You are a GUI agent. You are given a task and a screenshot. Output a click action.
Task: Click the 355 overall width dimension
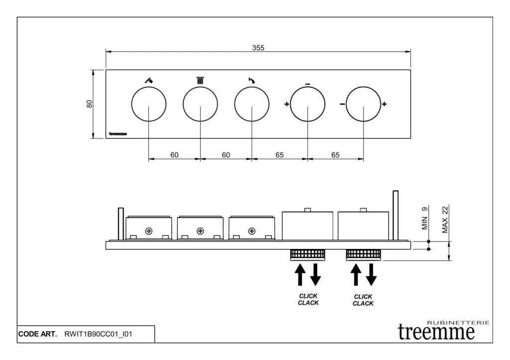pos(258,48)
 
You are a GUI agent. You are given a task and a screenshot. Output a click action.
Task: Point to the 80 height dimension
pos(90,104)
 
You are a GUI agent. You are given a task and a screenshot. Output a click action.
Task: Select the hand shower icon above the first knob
pos(149,80)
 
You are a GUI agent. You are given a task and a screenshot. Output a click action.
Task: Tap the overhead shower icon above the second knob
pos(200,80)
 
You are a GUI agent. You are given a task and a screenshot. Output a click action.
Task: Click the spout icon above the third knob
pos(252,80)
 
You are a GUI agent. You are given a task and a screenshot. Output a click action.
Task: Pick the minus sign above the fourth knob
pos(308,84)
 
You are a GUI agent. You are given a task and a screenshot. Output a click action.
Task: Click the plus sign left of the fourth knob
pos(286,104)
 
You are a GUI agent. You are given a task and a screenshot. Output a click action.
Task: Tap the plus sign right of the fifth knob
pos(384,104)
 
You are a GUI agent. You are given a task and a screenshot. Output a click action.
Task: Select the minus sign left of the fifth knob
pos(342,104)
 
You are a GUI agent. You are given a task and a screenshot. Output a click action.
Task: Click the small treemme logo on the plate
pos(118,133)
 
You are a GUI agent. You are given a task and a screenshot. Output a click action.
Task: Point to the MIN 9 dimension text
pos(425,218)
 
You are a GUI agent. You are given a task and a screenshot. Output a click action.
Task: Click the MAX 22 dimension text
pos(445,220)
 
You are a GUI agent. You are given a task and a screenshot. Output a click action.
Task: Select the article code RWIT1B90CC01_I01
pos(98,334)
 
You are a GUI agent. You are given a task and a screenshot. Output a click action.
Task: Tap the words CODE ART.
pos(37,334)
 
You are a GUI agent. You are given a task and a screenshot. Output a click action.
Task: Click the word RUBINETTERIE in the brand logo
pos(458,323)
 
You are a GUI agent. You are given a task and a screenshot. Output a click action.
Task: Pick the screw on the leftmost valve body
pos(149,231)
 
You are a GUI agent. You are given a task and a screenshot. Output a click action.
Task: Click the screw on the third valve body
pos(252,231)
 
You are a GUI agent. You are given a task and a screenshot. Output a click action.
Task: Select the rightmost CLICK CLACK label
pos(363,300)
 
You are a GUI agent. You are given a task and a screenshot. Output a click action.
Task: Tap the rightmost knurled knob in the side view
pos(363,254)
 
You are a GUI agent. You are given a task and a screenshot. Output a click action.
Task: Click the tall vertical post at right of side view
pos(395,216)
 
